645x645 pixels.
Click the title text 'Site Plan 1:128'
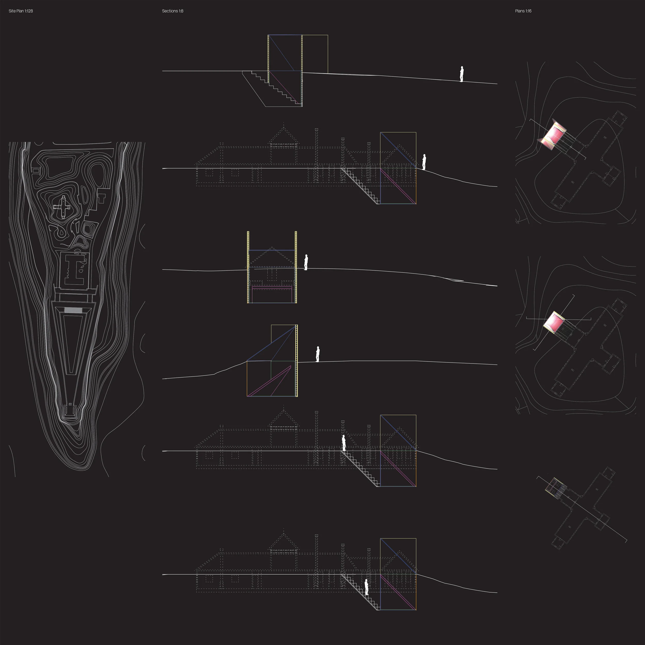coord(21,11)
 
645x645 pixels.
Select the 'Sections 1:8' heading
coord(173,11)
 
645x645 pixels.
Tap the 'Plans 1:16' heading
coord(523,11)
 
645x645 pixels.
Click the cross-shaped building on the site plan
coord(62,207)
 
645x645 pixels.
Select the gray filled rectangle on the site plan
coord(73,310)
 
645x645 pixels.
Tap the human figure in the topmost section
coord(461,74)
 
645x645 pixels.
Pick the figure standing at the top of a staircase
coord(344,443)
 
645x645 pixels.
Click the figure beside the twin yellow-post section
coord(306,262)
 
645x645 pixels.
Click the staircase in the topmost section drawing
coord(277,88)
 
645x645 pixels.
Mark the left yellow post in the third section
coord(248,267)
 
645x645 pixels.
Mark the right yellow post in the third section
coord(296,267)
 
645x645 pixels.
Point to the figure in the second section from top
coord(424,162)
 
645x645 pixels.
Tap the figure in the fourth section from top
coord(318,354)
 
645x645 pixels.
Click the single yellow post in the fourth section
coord(296,361)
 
